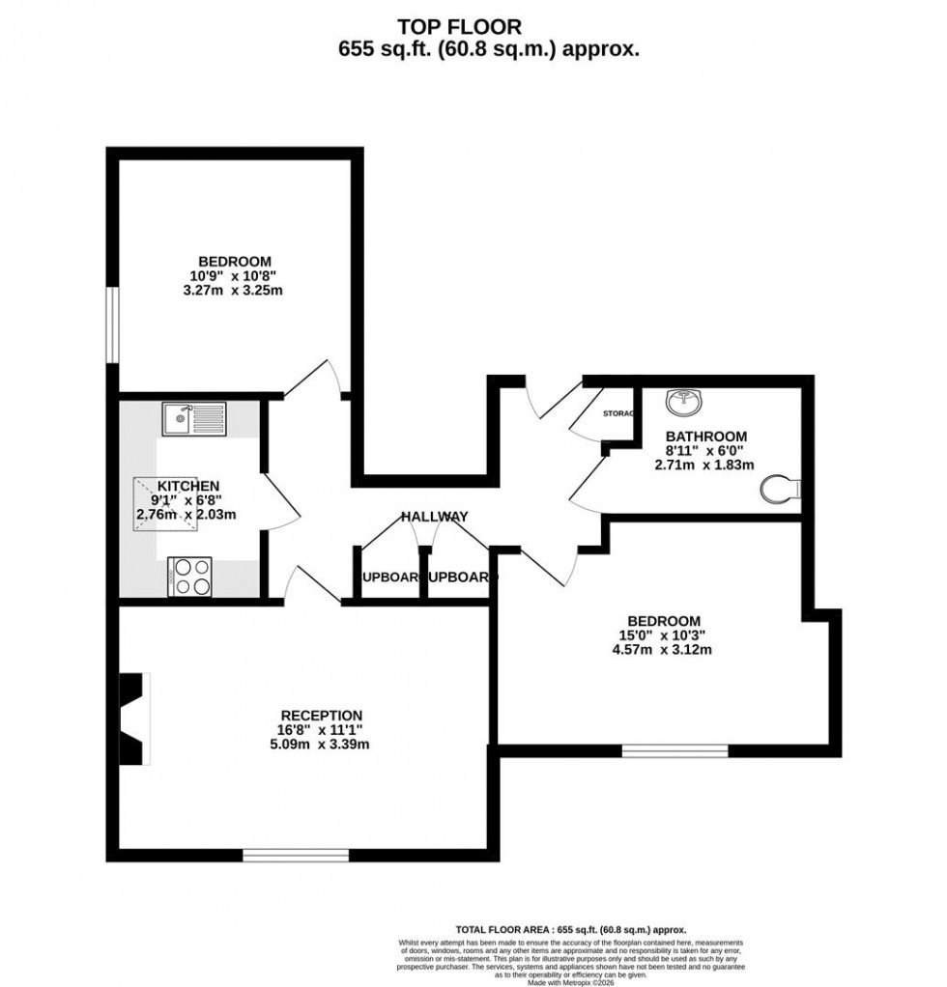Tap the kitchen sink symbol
point(194,419)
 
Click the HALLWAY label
point(435,517)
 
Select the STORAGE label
point(618,413)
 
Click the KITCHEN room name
point(188,485)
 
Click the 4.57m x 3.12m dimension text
point(663,650)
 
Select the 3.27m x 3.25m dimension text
point(235,290)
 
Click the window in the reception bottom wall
point(296,855)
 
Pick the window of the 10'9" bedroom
point(112,325)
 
